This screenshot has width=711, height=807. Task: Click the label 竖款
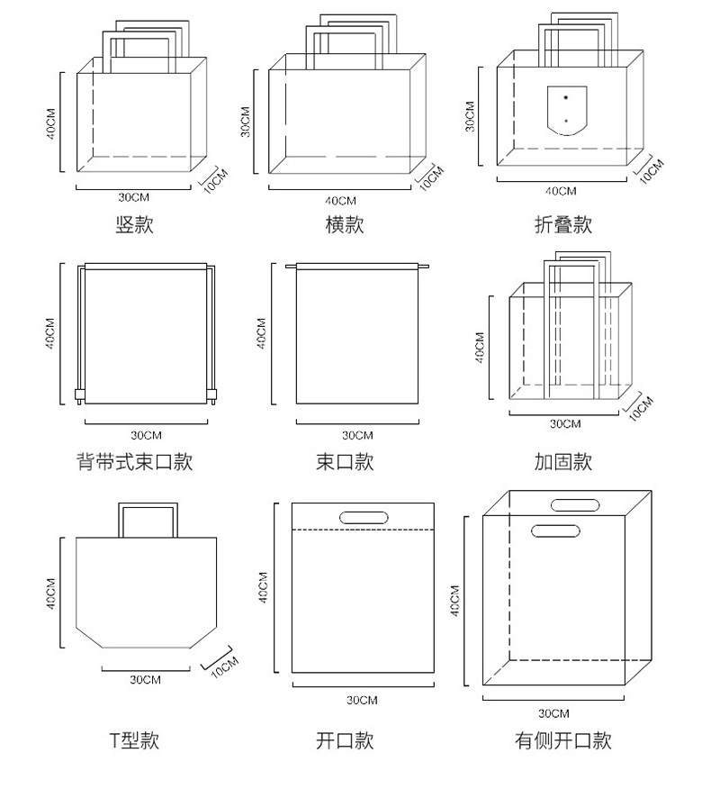135,225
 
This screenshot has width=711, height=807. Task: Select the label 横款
344,225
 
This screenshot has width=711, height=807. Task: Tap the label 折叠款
562,225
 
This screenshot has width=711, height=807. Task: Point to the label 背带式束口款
134,462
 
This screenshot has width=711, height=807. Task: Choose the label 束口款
344,462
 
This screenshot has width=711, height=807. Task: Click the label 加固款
562,462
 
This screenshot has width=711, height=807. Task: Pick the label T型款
134,740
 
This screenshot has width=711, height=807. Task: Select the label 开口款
344,740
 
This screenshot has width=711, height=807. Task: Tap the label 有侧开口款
562,740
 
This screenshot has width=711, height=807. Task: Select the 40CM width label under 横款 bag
341,200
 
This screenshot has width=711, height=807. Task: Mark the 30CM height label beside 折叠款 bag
470,117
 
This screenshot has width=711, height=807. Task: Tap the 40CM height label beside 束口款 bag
261,333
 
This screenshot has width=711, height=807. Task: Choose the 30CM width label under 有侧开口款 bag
553,713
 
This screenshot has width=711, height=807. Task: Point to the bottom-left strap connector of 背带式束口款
78,394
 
